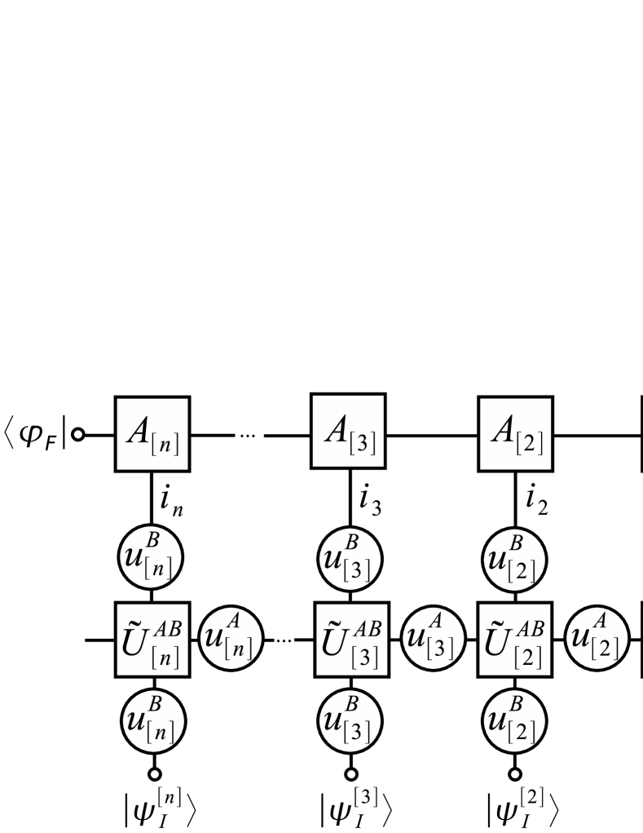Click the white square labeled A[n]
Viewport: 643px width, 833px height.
pyautogui.click(x=152, y=434)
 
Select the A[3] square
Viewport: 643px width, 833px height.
pyautogui.click(x=348, y=431)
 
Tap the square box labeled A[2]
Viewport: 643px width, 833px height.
pyautogui.click(x=515, y=434)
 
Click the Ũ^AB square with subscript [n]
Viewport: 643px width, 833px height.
pyautogui.click(x=152, y=640)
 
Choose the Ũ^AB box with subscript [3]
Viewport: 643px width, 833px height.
pyautogui.click(x=351, y=640)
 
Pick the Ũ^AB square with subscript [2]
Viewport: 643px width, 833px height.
pyautogui.click(x=515, y=640)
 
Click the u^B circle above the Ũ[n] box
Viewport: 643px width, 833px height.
pyautogui.click(x=152, y=558)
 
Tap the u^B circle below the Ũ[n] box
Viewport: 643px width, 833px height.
pyautogui.click(x=153, y=721)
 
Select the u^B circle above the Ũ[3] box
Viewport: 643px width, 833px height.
pyautogui.click(x=350, y=558)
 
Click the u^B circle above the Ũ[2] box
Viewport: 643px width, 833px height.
pyautogui.click(x=515, y=558)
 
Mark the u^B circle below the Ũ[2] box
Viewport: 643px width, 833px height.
pyautogui.click(x=515, y=721)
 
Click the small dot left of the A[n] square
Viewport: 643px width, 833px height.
pyautogui.click(x=78, y=434)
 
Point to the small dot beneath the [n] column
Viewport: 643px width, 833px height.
pyautogui.click(x=154, y=774)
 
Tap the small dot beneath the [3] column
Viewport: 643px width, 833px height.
pyautogui.click(x=351, y=774)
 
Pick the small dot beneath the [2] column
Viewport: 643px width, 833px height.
pyautogui.click(x=515, y=774)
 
